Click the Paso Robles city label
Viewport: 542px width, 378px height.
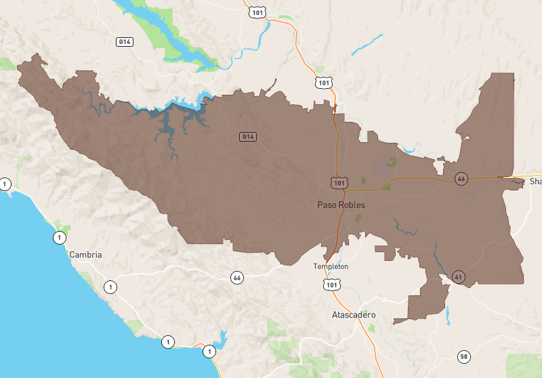[x=341, y=205]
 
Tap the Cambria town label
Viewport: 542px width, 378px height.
[x=85, y=255]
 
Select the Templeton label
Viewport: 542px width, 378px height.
[x=331, y=266]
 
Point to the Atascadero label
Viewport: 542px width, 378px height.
[x=354, y=316]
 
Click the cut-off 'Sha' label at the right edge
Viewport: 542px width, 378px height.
[x=535, y=182]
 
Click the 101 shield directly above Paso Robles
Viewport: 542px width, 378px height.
[x=339, y=183]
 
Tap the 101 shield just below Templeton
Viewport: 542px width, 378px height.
[x=331, y=285]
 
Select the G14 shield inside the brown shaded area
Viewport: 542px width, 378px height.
[x=248, y=137]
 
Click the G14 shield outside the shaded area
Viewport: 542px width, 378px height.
[x=124, y=41]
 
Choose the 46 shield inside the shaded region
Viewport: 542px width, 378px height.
[x=461, y=179]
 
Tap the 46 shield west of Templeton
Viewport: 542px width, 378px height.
[x=236, y=277]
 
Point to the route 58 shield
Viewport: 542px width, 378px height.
[x=463, y=356]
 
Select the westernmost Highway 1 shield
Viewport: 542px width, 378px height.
[x=5, y=184]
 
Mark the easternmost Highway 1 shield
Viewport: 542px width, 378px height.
[x=209, y=352]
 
